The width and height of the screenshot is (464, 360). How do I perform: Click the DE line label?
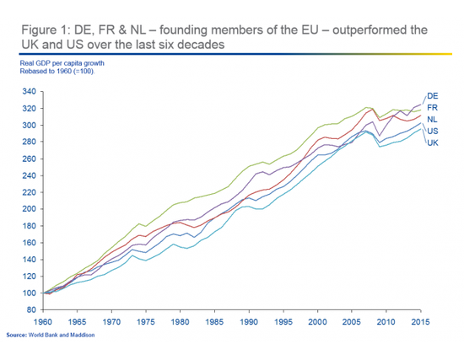pos(432,96)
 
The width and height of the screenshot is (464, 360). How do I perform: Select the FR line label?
pos(432,108)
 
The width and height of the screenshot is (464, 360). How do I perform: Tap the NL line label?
pos(432,120)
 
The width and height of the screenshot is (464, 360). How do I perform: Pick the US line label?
pos(432,131)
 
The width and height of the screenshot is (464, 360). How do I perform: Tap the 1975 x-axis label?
pos(144,322)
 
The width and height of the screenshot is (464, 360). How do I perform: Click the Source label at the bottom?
pos(19,336)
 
